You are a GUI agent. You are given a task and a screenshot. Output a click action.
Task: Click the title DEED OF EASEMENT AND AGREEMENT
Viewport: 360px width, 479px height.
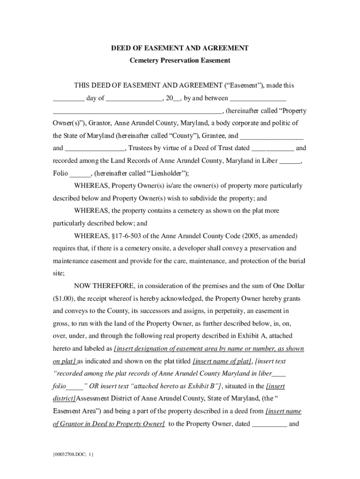[180, 48]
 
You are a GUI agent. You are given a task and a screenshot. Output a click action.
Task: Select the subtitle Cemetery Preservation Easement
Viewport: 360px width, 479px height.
[180, 60]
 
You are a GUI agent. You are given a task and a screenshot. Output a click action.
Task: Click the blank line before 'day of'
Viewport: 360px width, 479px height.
[68, 99]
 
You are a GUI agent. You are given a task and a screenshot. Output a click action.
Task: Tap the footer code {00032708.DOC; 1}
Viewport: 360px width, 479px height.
[73, 454]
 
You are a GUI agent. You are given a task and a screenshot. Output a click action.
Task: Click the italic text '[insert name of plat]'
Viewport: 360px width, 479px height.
[223, 361]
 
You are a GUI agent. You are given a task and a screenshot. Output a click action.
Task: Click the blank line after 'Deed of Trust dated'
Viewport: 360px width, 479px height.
[273, 148]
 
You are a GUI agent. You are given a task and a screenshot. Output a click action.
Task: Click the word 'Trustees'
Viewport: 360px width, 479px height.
[143, 148]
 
